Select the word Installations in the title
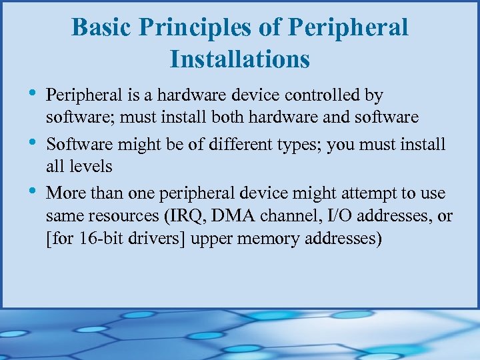coord(240,59)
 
